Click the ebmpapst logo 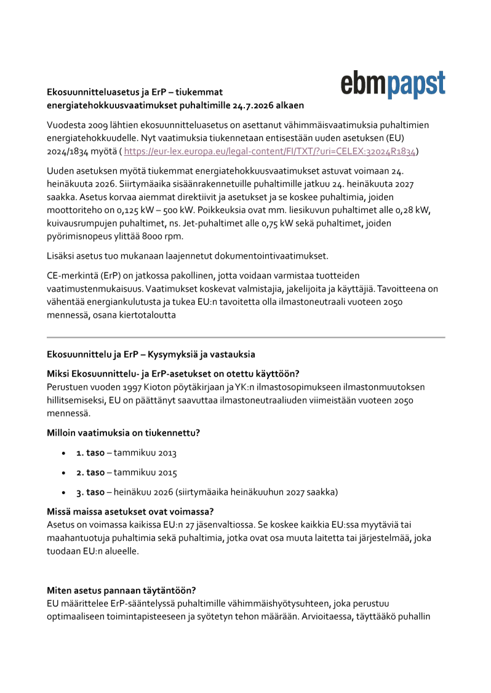pos(393,84)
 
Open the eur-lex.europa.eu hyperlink pos(270,151)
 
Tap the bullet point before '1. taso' pos(64,453)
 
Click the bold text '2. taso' pos(90,473)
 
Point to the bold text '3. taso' pos(90,492)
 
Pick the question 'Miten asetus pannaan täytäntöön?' pos(121,590)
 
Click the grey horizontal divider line pos(245,337)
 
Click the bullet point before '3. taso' pos(64,492)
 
